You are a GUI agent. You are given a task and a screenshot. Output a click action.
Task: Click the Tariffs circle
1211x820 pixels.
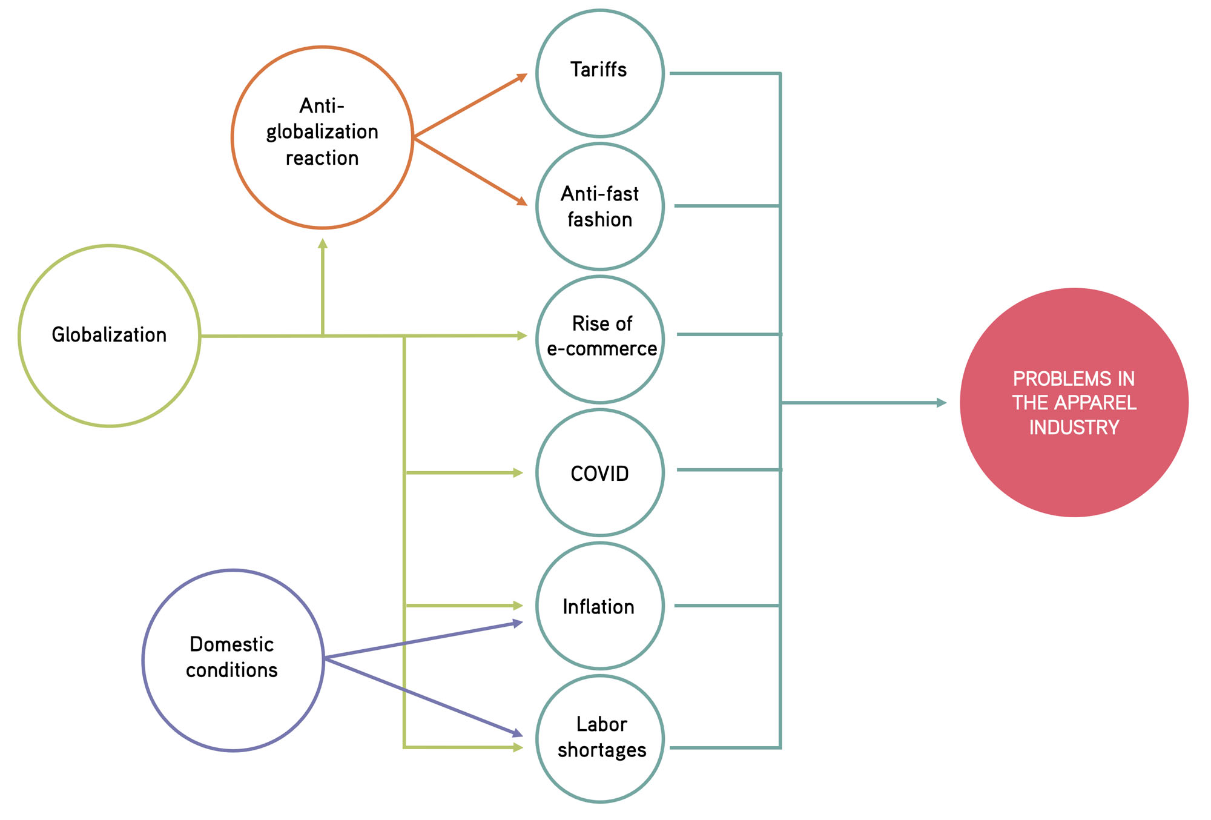[599, 73]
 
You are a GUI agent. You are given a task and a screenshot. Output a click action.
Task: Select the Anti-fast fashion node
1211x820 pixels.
[599, 207]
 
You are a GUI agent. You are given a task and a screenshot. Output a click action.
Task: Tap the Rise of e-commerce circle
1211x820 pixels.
[599, 339]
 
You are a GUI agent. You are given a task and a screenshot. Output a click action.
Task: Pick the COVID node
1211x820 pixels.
[599, 472]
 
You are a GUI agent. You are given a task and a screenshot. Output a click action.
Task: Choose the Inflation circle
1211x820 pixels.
[599, 606]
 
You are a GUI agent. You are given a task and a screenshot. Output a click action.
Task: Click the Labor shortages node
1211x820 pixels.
[599, 738]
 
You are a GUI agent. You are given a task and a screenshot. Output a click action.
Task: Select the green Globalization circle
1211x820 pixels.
[110, 336]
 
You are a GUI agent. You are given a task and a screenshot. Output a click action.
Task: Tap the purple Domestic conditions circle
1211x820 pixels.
[233, 660]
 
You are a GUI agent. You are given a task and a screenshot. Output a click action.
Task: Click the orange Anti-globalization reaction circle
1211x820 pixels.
[322, 137]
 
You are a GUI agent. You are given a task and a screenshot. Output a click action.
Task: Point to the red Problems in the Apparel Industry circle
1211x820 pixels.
[1074, 402]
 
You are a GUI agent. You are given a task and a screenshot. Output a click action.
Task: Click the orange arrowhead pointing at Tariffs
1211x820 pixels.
[522, 77]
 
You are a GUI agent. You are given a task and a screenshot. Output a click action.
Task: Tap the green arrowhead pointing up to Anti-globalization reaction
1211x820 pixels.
[323, 243]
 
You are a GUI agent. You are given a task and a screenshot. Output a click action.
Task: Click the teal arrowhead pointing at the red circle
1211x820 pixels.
[942, 402]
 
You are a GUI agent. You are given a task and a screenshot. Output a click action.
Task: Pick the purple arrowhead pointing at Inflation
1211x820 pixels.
[518, 623]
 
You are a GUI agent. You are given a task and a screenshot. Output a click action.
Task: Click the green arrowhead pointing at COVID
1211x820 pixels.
[518, 472]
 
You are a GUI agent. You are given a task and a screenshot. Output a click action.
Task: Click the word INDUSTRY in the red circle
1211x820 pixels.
[1074, 428]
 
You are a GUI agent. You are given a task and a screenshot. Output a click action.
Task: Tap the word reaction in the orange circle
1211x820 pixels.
[322, 159]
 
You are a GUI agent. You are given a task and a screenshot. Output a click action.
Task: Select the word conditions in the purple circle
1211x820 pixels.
[232, 670]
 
